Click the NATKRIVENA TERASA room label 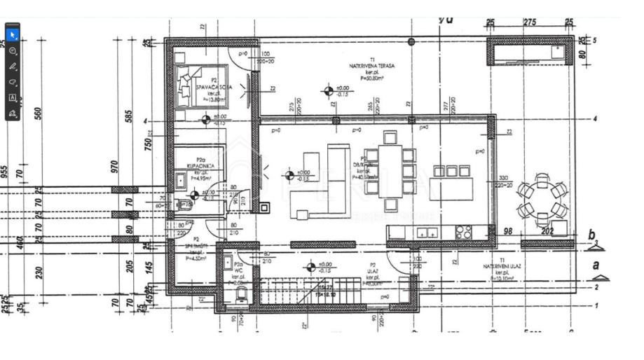tap(372, 65)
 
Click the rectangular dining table tap(390, 170)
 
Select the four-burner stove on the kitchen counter tap(464, 232)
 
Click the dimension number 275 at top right tap(530, 22)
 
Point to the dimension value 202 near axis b tap(547, 231)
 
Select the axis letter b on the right tap(591, 235)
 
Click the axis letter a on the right tap(596, 265)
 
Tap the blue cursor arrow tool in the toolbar tap(13, 35)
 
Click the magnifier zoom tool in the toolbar tap(13, 51)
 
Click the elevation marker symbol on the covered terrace tap(328, 90)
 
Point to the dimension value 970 tap(115, 166)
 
